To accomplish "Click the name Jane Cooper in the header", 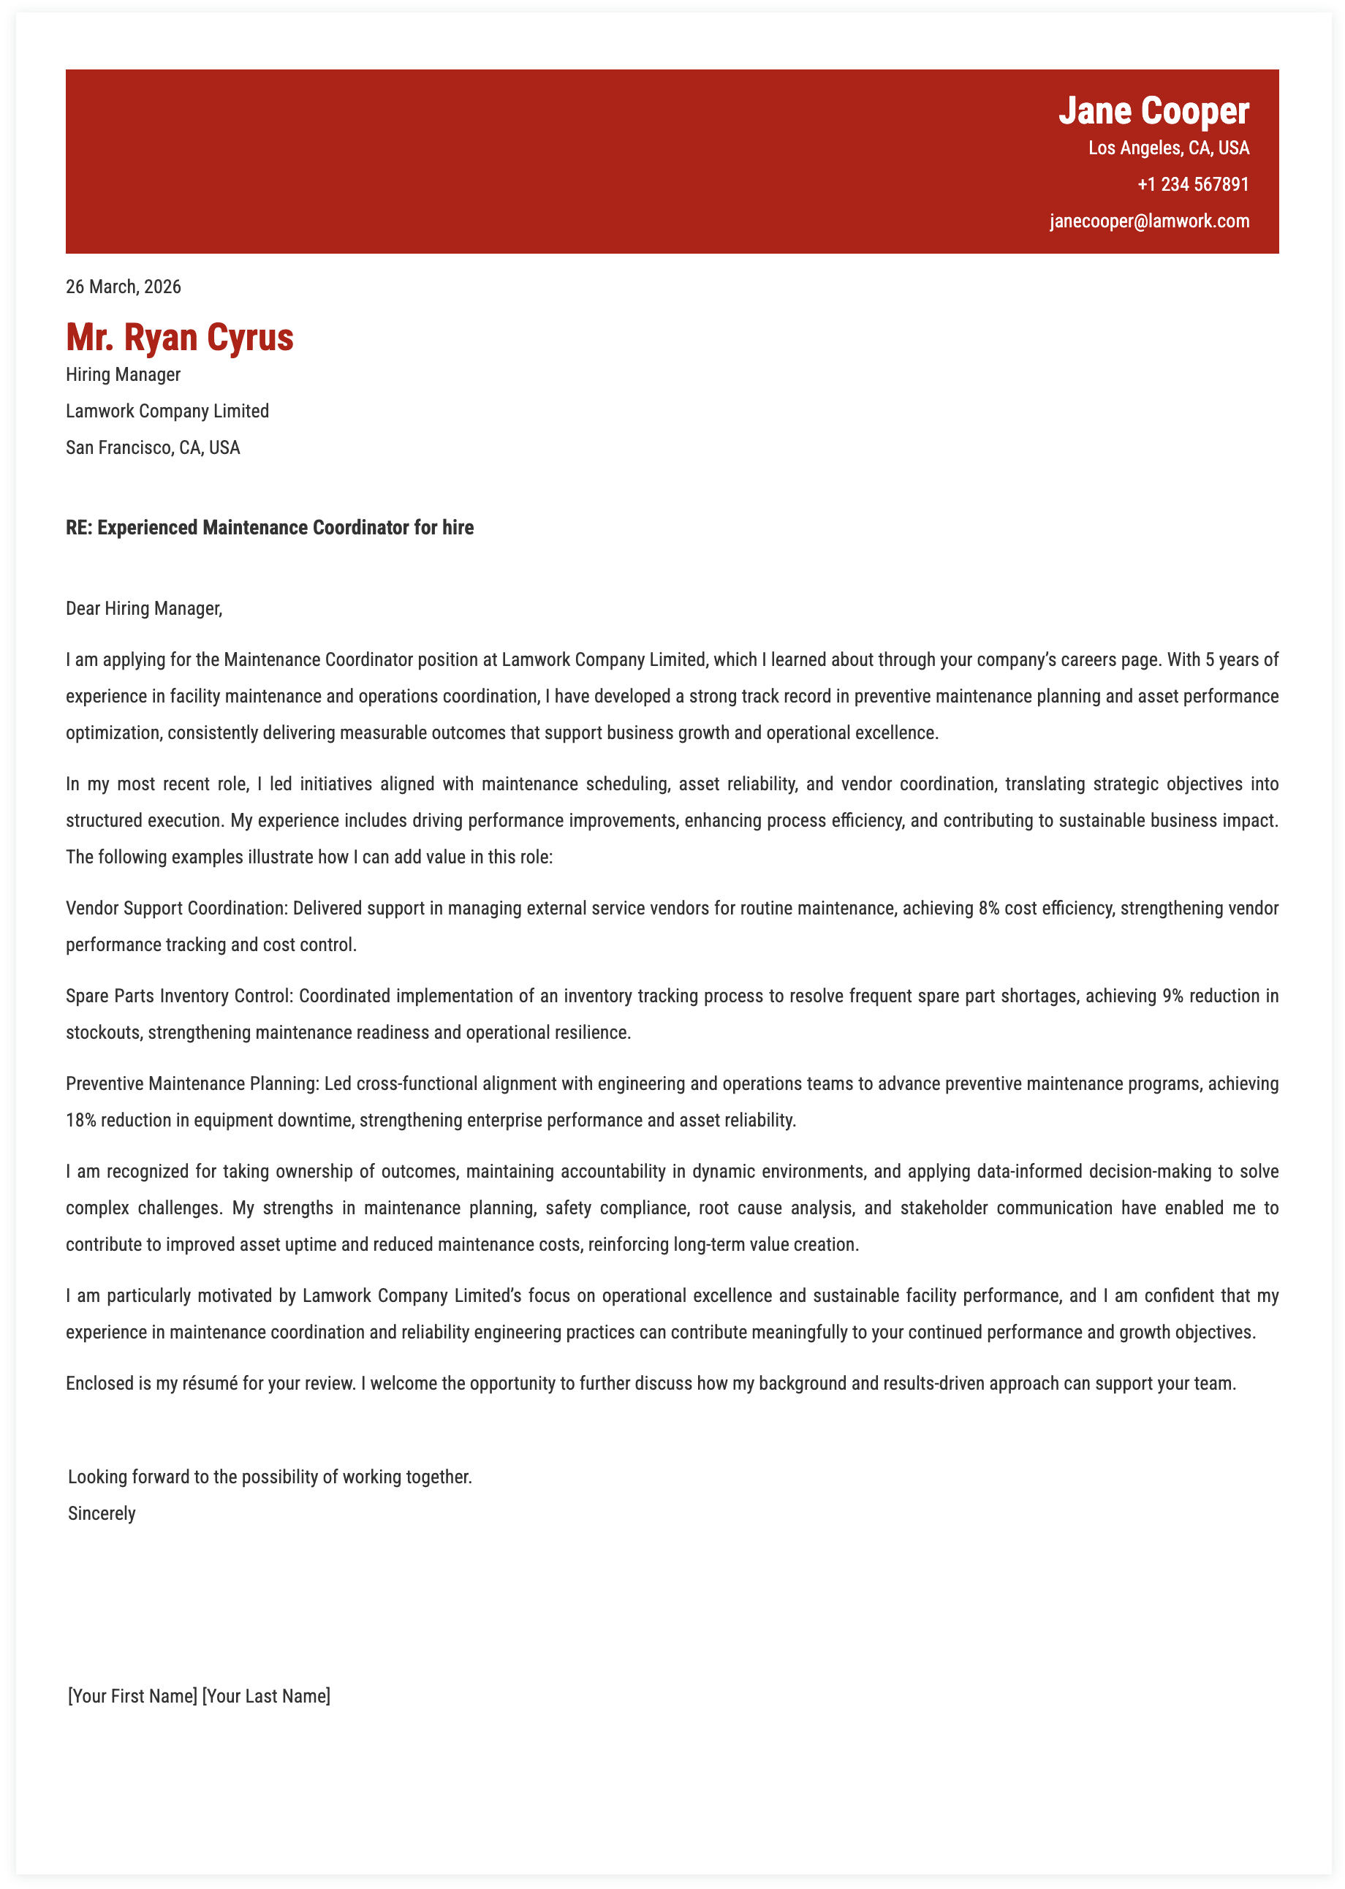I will pyautogui.click(x=1153, y=111).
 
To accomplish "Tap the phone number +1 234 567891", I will pyautogui.click(x=1193, y=183).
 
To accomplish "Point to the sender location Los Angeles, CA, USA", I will pyautogui.click(x=1168, y=148).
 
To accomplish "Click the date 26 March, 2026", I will pyautogui.click(x=124, y=287).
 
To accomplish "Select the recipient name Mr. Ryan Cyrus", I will pyautogui.click(x=180, y=337).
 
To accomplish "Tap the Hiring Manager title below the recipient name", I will pyautogui.click(x=124, y=374).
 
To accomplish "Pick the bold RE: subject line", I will pyautogui.click(x=270, y=528).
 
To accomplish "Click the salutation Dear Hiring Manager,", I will pyautogui.click(x=144, y=609).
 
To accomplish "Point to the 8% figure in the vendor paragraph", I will pyautogui.click(x=989, y=909).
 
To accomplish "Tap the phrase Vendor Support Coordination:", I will pyautogui.click(x=176, y=909).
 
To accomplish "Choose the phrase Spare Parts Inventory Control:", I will pyautogui.click(x=180, y=996).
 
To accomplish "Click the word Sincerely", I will pyautogui.click(x=102, y=1513).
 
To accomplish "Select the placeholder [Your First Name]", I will pyautogui.click(x=132, y=1696).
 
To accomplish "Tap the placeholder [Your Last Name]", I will pyautogui.click(x=266, y=1696).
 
